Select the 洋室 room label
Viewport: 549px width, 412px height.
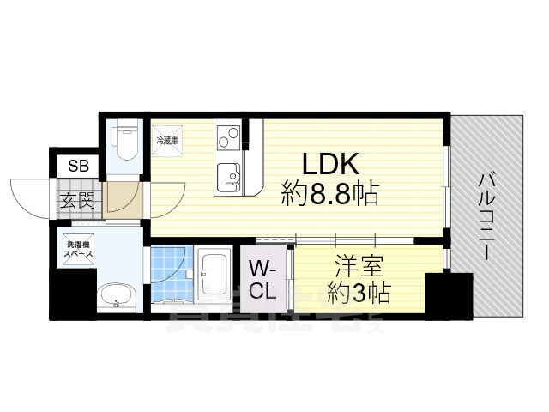(x=355, y=266)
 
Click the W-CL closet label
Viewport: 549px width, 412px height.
(x=263, y=279)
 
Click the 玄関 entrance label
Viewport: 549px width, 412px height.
(x=75, y=202)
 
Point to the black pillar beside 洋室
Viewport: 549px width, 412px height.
(x=449, y=294)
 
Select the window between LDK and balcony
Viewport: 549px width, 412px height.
(x=446, y=185)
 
